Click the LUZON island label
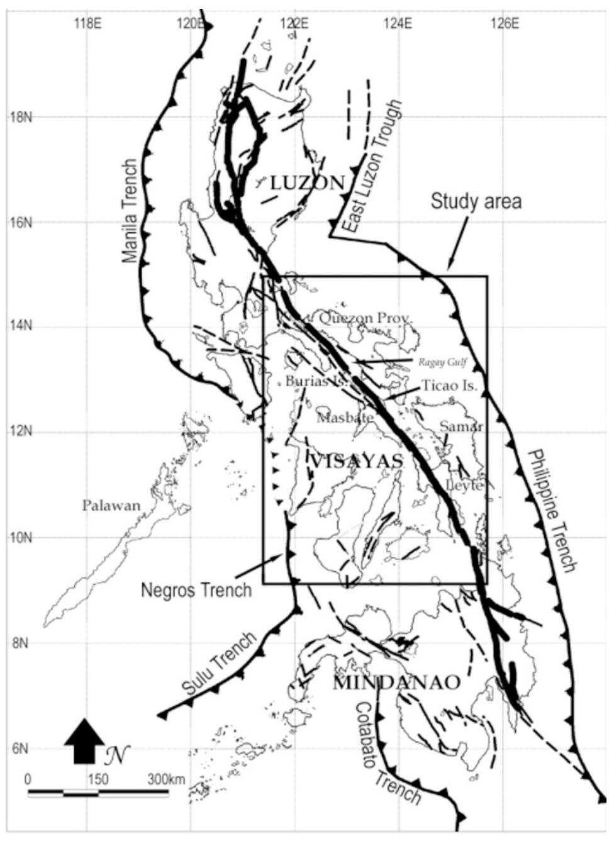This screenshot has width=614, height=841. pyautogui.click(x=308, y=183)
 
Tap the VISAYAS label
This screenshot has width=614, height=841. pyautogui.click(x=357, y=461)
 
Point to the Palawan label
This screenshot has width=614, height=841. pyautogui.click(x=111, y=505)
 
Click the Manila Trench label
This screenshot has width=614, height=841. pyautogui.click(x=130, y=211)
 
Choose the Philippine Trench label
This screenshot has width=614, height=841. pyautogui.click(x=552, y=511)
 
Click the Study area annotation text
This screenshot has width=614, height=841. pyautogui.click(x=476, y=202)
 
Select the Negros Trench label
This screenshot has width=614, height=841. pyautogui.click(x=196, y=589)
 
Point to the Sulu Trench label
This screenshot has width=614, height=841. pyautogui.click(x=220, y=663)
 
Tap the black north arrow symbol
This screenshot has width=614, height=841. pyautogui.click(x=84, y=741)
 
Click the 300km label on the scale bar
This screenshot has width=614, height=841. pyautogui.click(x=166, y=779)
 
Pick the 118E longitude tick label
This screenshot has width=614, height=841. pyautogui.click(x=87, y=24)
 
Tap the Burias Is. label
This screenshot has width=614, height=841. pyautogui.click(x=308, y=381)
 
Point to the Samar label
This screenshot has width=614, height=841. pyautogui.click(x=461, y=426)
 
